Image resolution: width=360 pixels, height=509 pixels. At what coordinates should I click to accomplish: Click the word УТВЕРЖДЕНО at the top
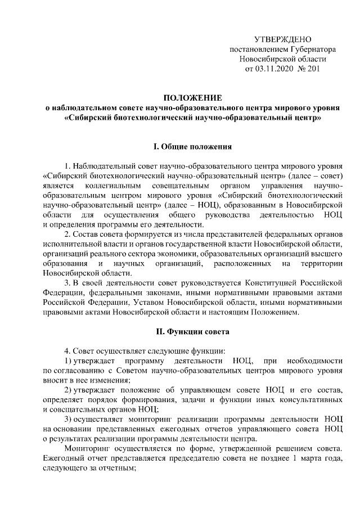(x=283, y=39)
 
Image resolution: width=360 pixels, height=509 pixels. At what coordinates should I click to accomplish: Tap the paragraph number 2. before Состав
(x=68, y=233)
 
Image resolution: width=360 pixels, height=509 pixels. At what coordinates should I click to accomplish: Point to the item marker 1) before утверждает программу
(x=68, y=359)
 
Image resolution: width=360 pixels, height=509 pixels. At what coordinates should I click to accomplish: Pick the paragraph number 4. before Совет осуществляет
(x=68, y=349)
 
